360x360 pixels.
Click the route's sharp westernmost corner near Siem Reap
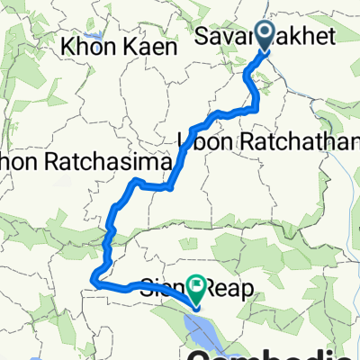94,283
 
